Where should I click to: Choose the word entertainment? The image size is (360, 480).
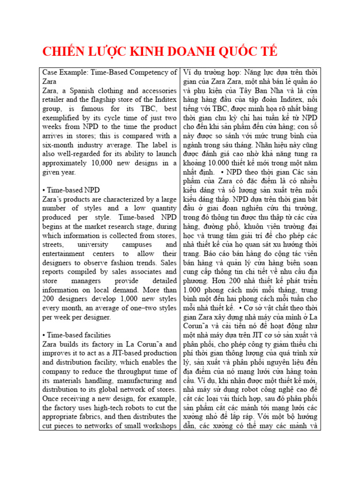(63, 254)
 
